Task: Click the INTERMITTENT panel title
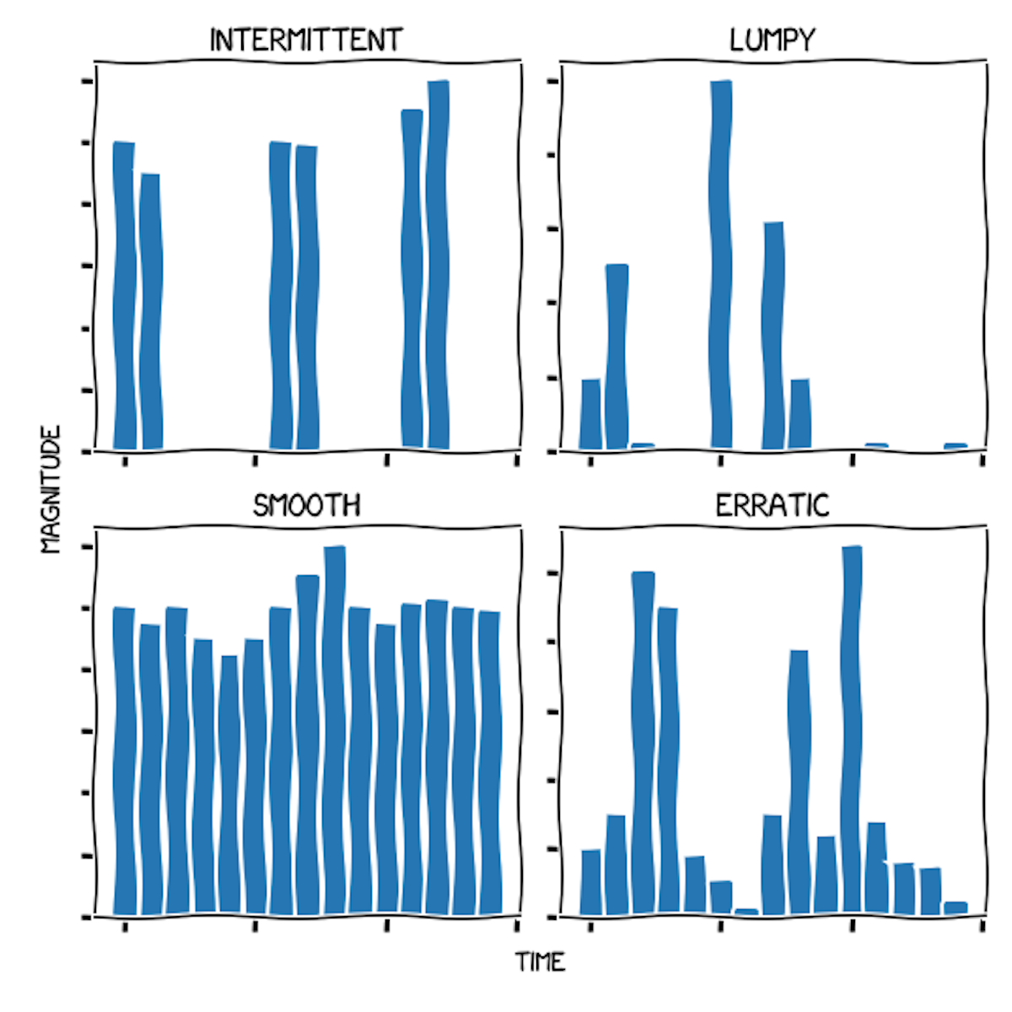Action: click(306, 40)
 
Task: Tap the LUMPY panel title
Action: click(772, 40)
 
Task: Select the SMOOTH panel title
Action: click(306, 505)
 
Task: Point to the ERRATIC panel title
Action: click(772, 505)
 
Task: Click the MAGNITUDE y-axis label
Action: click(51, 489)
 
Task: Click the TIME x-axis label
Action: click(540, 962)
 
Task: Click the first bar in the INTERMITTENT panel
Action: click(124, 295)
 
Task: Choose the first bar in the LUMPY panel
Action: click(591, 414)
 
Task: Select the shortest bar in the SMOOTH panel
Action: click(229, 785)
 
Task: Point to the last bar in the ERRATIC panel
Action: click(955, 907)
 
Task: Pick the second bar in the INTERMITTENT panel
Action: click(150, 311)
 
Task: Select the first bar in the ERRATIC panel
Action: click(591, 882)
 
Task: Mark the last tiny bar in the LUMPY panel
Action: click(955, 445)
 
